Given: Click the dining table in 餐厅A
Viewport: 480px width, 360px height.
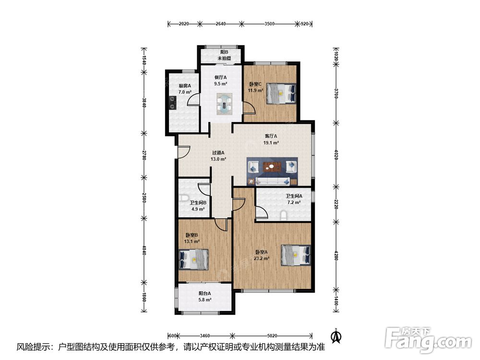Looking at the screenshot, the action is click(225, 104).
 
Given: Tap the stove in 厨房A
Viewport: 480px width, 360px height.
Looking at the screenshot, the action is click(173, 103).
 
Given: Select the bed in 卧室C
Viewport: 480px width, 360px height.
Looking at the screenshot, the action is click(281, 94).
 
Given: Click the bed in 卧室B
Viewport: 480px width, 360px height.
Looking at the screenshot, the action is click(193, 259).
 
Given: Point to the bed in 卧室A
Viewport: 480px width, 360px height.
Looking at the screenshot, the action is click(296, 255).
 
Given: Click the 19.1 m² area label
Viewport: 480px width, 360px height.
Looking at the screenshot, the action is click(271, 143).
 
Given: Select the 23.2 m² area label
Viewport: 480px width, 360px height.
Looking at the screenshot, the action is click(262, 258).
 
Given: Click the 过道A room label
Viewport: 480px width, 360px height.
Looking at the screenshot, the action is click(218, 153).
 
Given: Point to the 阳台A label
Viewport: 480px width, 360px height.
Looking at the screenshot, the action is click(204, 293).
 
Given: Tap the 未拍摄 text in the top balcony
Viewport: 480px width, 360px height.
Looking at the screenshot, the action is click(224, 58).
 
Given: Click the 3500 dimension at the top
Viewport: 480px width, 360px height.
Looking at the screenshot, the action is click(269, 24).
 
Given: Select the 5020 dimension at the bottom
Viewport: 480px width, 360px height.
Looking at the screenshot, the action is click(272, 336).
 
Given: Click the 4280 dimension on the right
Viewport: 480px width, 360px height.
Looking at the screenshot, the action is click(336, 256).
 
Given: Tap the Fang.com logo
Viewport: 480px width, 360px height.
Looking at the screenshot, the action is click(429, 340).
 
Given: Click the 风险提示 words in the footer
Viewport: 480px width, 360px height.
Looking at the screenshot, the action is click(32, 347).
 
